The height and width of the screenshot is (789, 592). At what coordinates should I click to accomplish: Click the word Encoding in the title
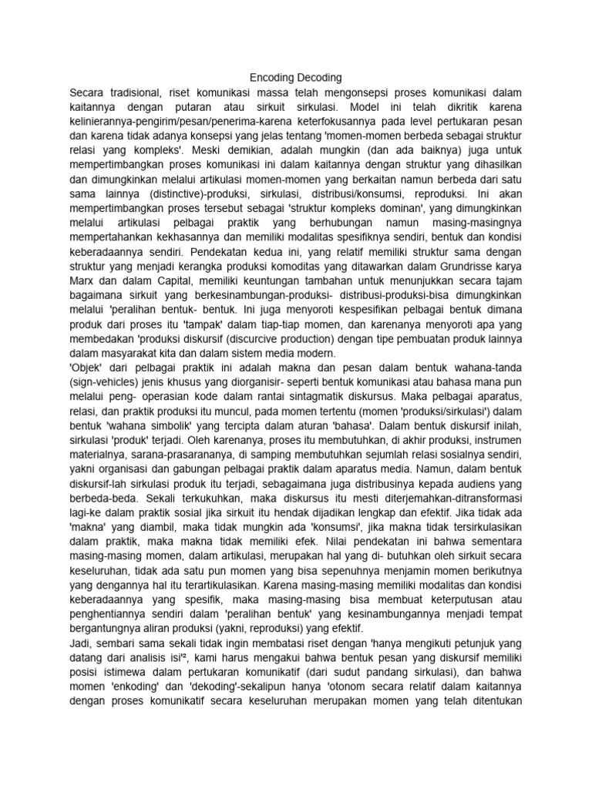[x=274, y=78]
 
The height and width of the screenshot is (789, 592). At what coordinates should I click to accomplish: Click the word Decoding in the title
[x=320, y=78]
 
